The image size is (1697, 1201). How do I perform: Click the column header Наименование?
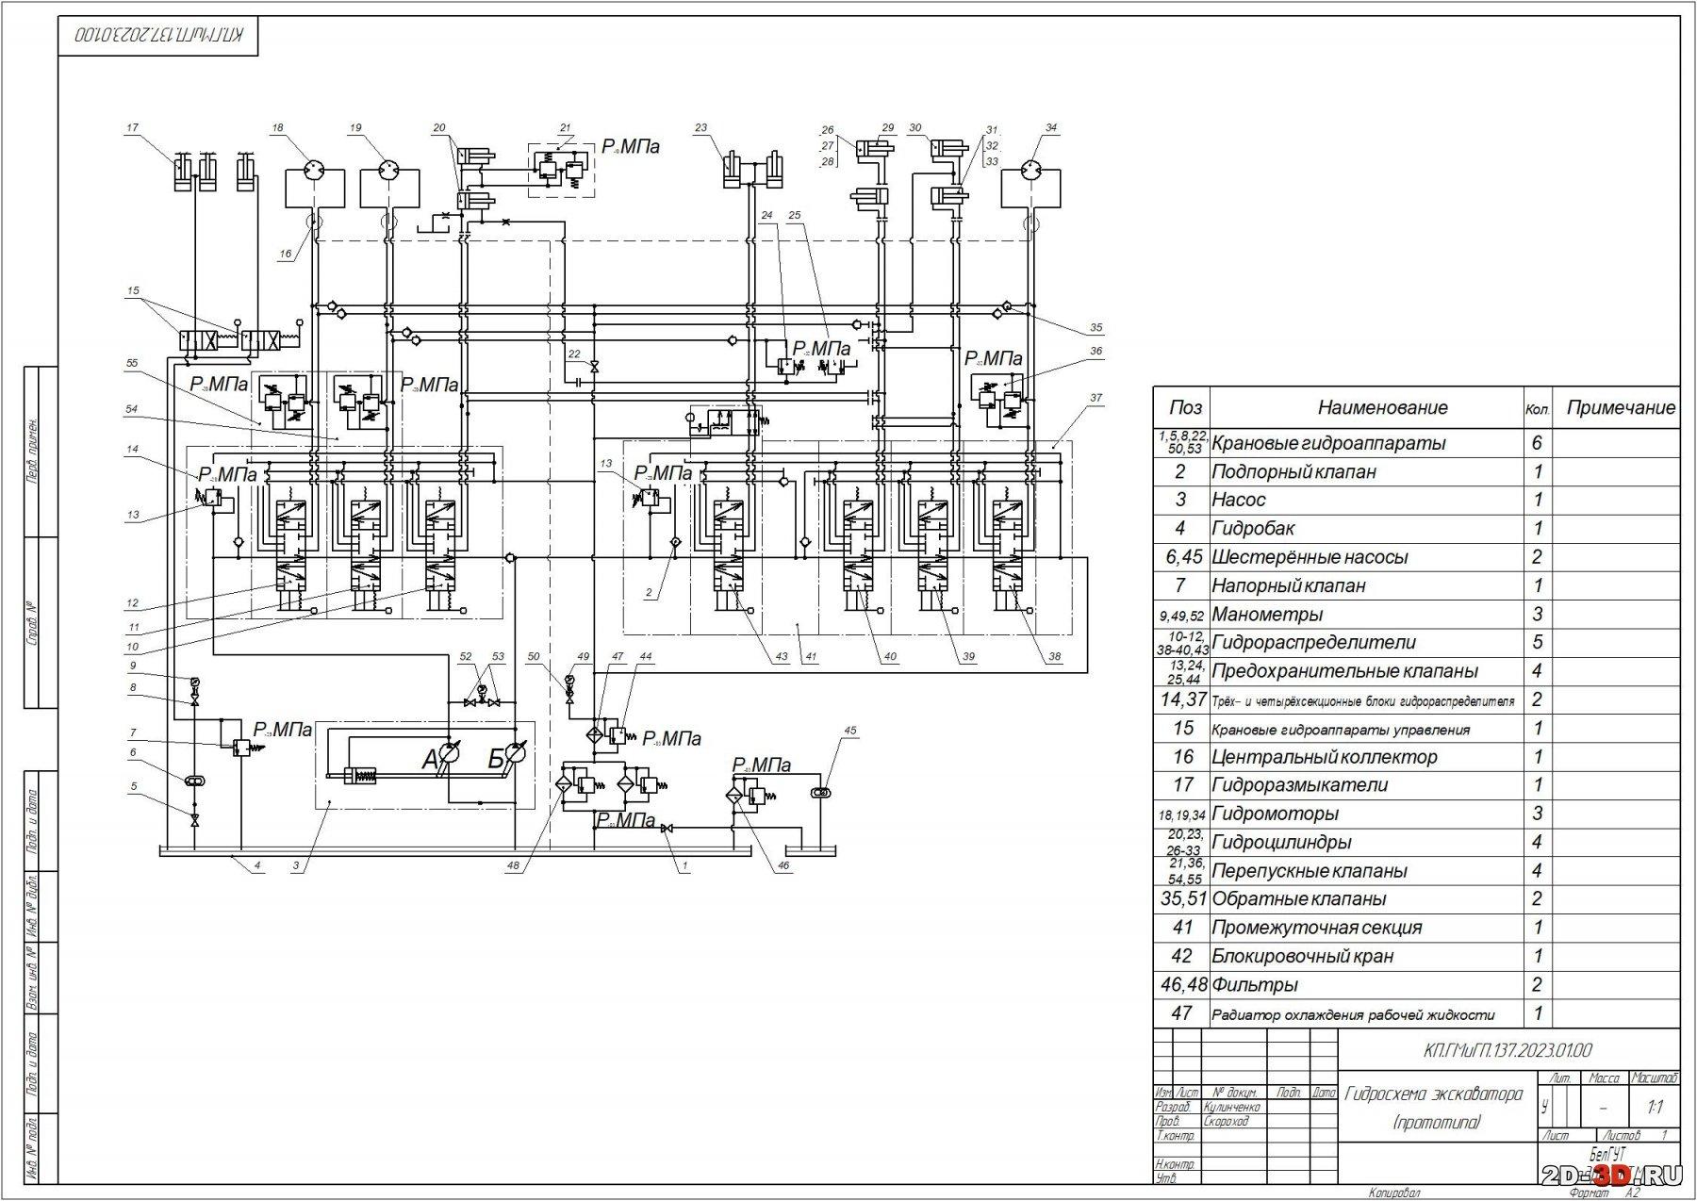(x=1381, y=407)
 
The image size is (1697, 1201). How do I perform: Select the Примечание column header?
(x=1621, y=407)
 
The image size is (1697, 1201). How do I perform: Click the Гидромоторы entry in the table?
(x=1275, y=814)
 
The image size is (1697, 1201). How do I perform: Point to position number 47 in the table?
(x=1181, y=1013)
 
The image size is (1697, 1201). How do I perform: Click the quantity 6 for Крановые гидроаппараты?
(x=1537, y=443)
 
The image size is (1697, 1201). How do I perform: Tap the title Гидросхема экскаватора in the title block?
(x=1433, y=1094)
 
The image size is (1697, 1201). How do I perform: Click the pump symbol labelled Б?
(x=514, y=754)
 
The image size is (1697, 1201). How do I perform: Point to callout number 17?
(x=132, y=127)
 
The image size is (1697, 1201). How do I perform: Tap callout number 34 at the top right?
(x=1051, y=127)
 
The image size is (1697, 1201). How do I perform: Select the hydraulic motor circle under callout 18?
(x=311, y=171)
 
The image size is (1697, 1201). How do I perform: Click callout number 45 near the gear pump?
(x=850, y=730)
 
